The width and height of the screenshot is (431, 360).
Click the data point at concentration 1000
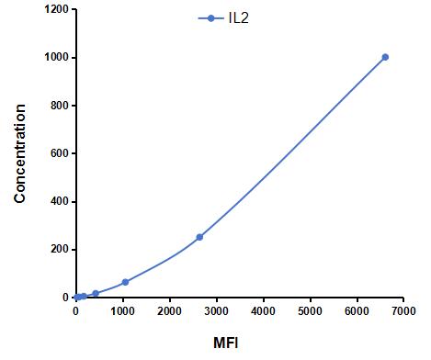[385, 57]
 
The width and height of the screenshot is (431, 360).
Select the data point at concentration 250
[199, 237]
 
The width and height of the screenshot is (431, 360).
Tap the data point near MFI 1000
[125, 282]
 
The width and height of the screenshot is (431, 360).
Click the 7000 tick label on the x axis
[403, 312]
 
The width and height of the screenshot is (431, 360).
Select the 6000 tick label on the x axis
[357, 312]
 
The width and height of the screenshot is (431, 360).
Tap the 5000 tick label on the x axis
[310, 312]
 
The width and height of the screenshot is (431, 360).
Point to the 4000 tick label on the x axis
[263, 312]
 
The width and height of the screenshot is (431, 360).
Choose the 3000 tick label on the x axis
[216, 312]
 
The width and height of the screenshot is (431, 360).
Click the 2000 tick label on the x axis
[169, 312]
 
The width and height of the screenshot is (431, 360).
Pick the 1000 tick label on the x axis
[122, 312]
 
